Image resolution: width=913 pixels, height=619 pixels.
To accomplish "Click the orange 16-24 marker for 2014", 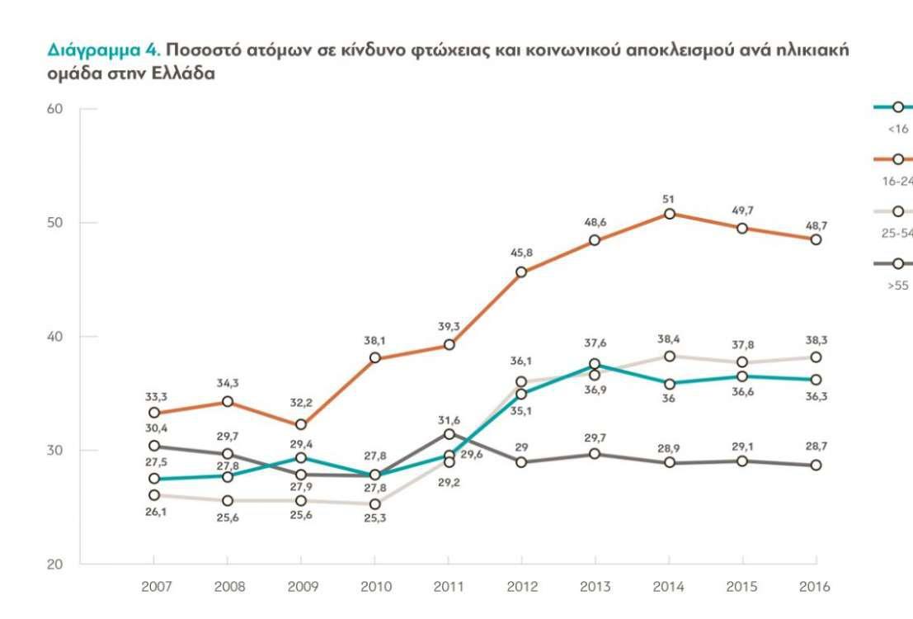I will pyautogui.click(x=669, y=214).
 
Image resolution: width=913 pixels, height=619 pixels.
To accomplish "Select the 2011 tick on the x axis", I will pyautogui.click(x=448, y=587).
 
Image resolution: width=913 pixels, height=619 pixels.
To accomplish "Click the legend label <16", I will pyautogui.click(x=898, y=129).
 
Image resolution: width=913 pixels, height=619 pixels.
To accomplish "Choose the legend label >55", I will pyautogui.click(x=898, y=286).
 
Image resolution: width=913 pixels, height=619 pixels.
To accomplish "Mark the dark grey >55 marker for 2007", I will pyautogui.click(x=154, y=447).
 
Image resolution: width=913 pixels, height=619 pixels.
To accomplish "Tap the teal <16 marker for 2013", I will pyautogui.click(x=595, y=365).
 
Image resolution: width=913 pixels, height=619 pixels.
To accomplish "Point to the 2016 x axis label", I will pyautogui.click(x=816, y=587).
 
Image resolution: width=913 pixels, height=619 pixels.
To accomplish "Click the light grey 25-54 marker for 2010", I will pyautogui.click(x=375, y=503).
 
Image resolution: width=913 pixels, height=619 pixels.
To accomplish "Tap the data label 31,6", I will pyautogui.click(x=448, y=420).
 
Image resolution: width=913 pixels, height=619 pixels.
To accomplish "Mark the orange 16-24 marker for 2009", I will pyautogui.click(x=301, y=425).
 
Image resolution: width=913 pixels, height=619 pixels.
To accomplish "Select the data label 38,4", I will pyautogui.click(x=669, y=338).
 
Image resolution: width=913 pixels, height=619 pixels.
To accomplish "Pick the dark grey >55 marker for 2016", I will pyautogui.click(x=816, y=465).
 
